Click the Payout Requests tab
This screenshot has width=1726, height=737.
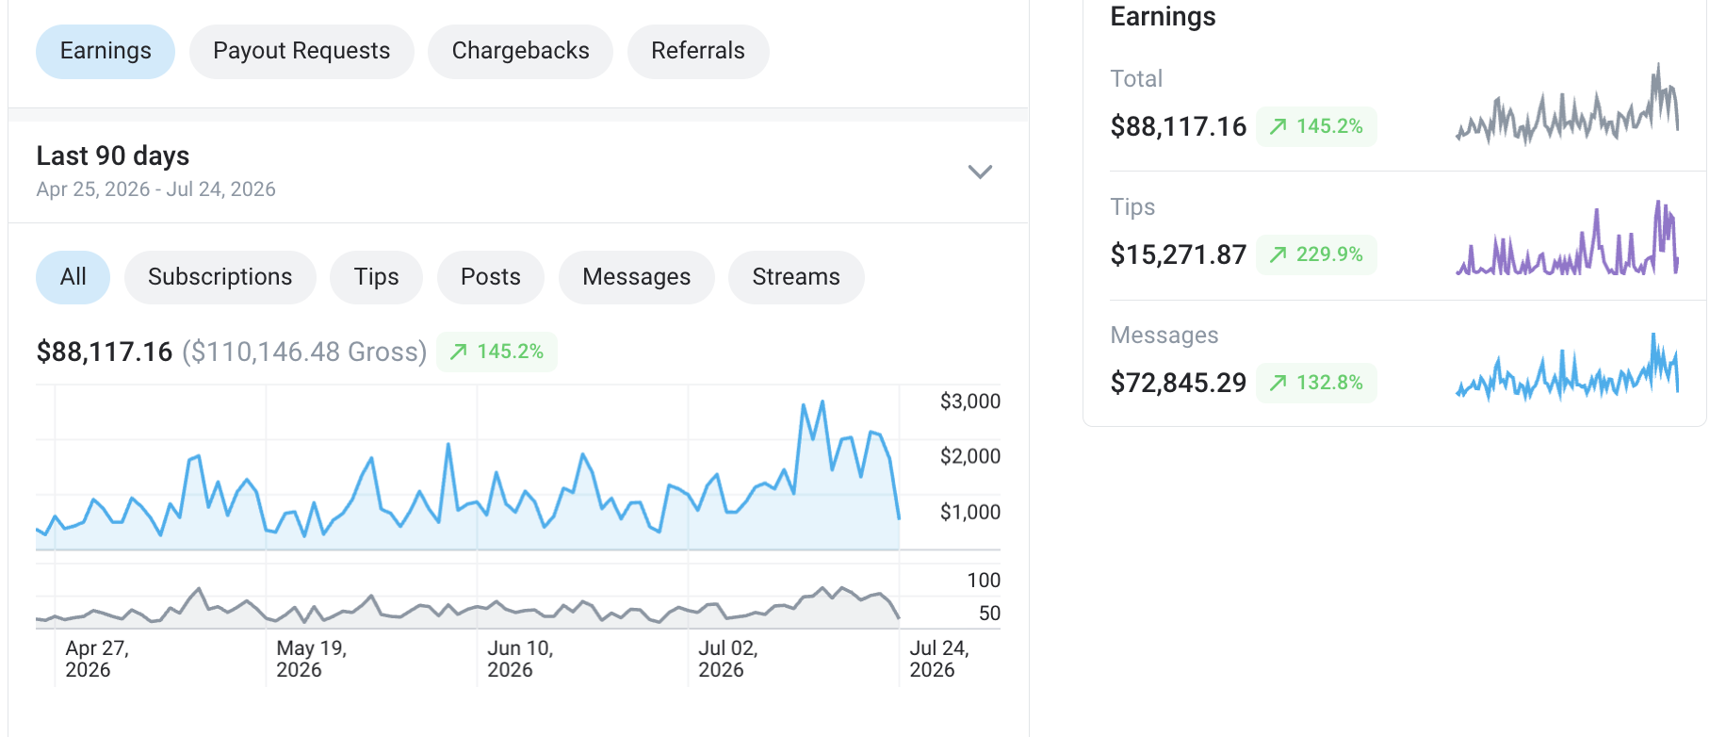301,51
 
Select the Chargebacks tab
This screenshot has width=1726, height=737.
520,51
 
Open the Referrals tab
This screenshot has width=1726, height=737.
698,51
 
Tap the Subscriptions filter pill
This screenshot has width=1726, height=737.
220,277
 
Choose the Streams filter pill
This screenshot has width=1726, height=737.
796,277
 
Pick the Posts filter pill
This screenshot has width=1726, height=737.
491,277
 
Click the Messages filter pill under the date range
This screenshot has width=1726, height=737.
637,277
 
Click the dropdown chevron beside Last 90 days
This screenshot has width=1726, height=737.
981,172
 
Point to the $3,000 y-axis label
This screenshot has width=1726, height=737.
970,401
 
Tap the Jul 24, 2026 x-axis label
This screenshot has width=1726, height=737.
939,659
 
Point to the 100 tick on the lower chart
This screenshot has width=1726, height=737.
984,581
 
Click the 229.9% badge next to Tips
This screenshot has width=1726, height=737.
1316,254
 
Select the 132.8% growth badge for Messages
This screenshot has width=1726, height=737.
1316,383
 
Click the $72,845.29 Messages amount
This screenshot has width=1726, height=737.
1179,383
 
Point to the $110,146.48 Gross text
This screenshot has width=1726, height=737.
304,352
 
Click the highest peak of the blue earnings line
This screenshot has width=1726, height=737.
822,401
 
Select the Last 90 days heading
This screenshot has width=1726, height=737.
113,156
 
